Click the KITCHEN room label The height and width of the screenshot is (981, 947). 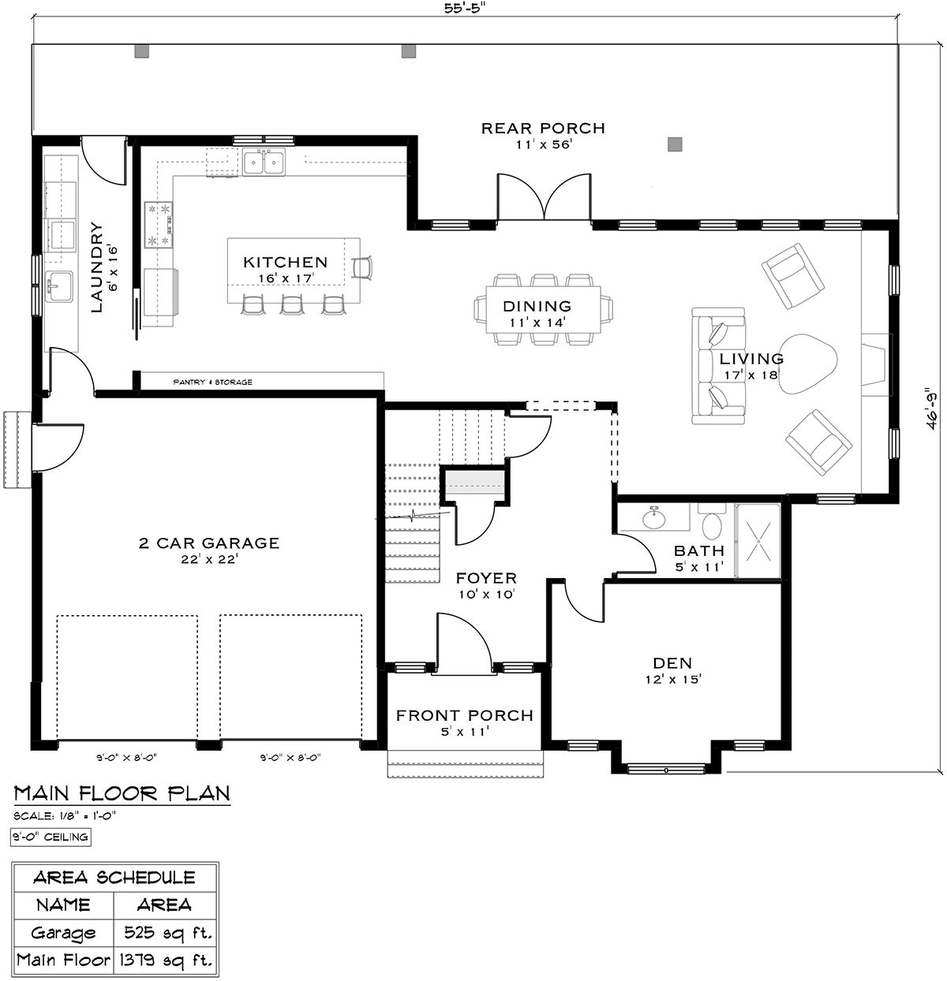[x=285, y=262]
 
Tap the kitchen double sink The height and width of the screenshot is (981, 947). [x=264, y=162]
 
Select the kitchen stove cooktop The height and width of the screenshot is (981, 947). [x=159, y=225]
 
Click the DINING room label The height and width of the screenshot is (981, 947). [x=537, y=306]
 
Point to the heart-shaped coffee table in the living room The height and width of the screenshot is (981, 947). [x=807, y=364]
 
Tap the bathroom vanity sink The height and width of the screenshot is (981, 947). [x=654, y=518]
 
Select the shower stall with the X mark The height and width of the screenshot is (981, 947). [x=758, y=541]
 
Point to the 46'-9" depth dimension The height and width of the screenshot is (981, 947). [x=932, y=408]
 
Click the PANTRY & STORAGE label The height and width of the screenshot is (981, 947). [x=212, y=382]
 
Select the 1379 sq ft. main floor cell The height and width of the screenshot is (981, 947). [x=166, y=960]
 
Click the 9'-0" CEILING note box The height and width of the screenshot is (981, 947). [x=51, y=837]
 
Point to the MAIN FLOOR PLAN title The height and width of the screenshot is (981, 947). [x=122, y=793]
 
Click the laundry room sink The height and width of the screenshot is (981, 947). [x=59, y=286]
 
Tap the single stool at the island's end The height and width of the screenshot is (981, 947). [x=361, y=267]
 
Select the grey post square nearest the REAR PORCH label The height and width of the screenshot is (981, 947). [x=675, y=144]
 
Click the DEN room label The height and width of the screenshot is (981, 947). [x=672, y=663]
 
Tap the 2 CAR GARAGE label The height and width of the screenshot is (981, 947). [x=209, y=543]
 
